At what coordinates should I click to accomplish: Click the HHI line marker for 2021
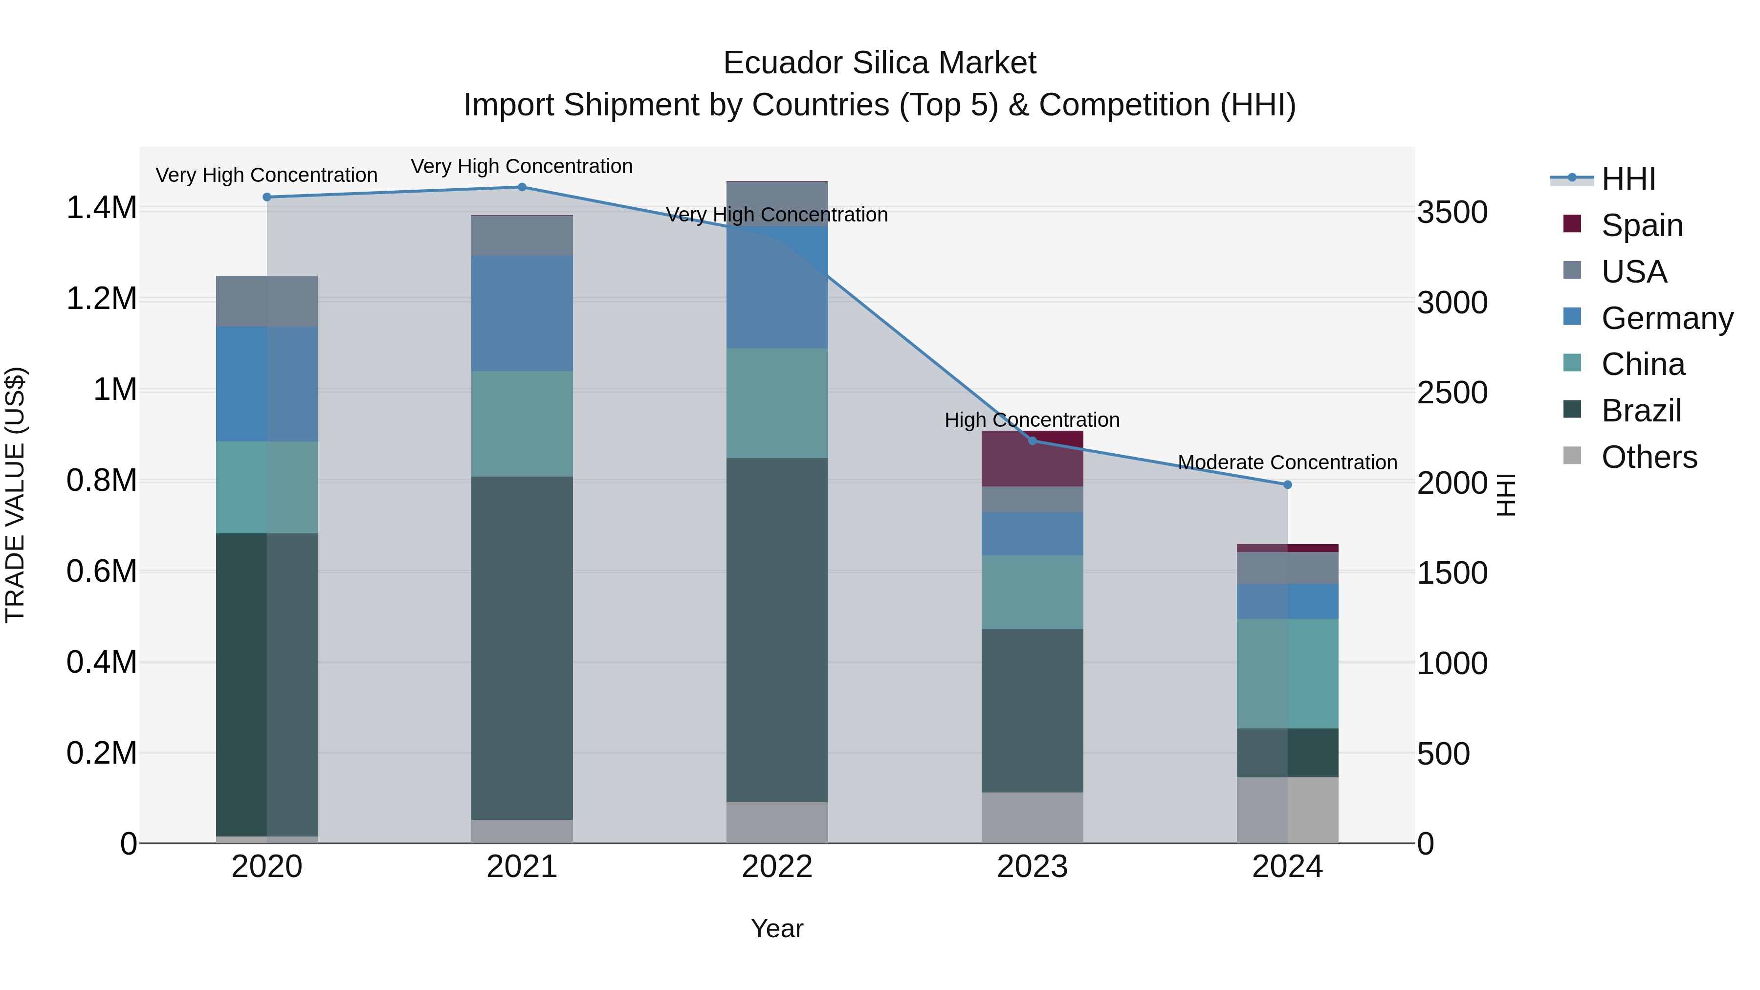click(x=522, y=187)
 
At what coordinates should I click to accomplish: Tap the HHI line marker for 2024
click(x=1287, y=484)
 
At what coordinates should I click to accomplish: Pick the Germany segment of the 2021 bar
click(x=522, y=313)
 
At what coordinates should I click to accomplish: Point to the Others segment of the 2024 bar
click(x=1287, y=810)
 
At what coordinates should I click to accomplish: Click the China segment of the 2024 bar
click(x=1287, y=673)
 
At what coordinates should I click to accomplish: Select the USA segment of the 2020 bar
click(x=266, y=301)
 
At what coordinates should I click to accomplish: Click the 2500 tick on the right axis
click(x=1452, y=393)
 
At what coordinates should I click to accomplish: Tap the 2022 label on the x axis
click(x=777, y=866)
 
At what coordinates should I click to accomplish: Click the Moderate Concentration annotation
click(x=1287, y=462)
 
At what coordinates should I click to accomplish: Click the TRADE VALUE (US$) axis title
click(x=15, y=495)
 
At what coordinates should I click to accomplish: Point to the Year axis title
click(x=777, y=928)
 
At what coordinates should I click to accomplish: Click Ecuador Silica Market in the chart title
click(x=880, y=63)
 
